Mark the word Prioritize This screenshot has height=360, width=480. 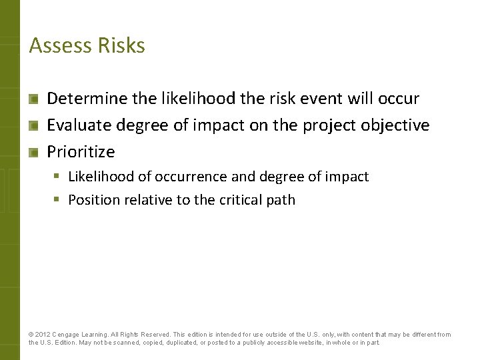[81, 152]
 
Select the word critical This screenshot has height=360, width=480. [242, 200]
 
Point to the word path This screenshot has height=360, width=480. [281, 200]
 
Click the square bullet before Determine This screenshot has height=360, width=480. [33, 99]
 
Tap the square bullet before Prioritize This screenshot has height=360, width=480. [33, 153]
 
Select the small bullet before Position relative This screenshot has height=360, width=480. [59, 200]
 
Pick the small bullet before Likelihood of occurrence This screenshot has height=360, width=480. [59, 177]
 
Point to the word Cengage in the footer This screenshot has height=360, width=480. [69, 335]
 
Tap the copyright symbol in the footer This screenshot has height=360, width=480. [31, 335]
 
